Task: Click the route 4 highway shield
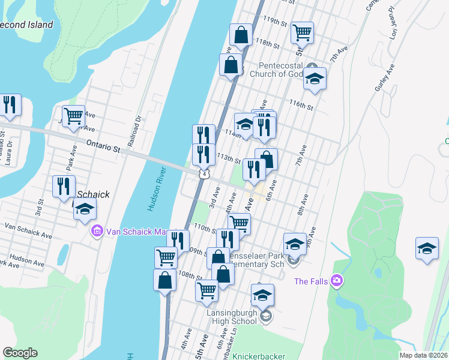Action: pos(205,174)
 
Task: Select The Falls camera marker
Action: pos(336,280)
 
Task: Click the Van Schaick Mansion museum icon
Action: pos(97,231)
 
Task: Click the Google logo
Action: pos(20,353)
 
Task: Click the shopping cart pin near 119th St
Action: pos(303,32)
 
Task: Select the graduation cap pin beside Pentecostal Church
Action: pos(315,80)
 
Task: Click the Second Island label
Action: pos(26,25)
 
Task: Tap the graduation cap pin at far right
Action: pos(427,249)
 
